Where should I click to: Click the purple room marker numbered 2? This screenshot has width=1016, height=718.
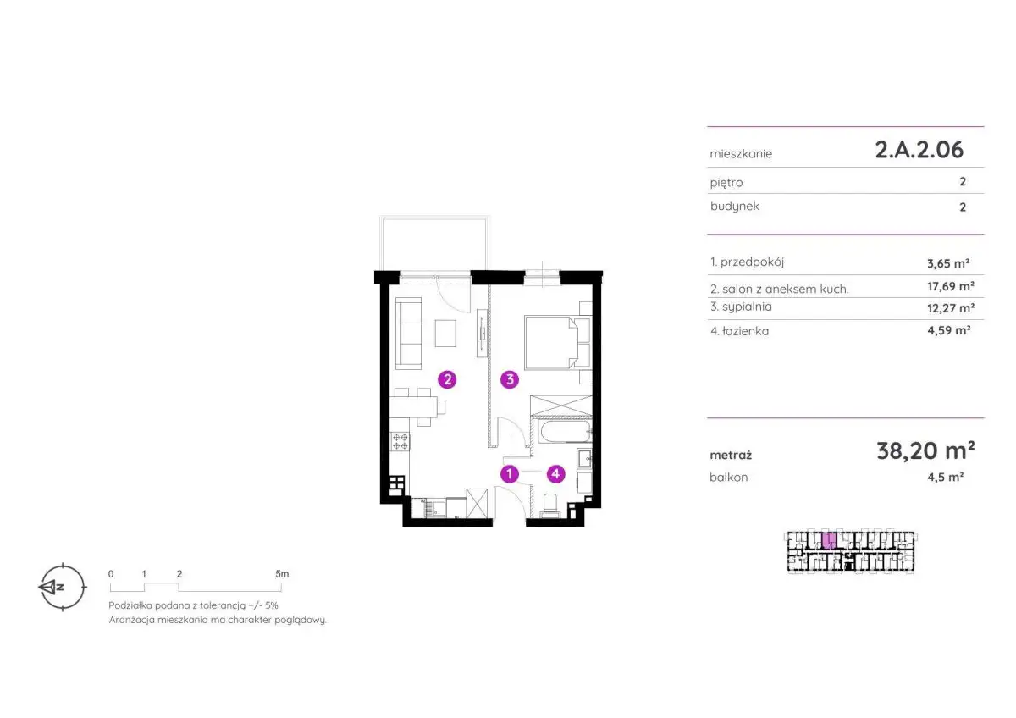[447, 379]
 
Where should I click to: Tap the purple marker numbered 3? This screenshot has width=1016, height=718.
[510, 379]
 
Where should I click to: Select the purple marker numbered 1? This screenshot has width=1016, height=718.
[510, 474]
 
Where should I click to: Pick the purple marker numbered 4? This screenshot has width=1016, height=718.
[555, 474]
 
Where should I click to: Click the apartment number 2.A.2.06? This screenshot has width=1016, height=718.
[919, 150]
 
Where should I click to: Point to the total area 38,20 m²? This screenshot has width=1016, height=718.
[925, 450]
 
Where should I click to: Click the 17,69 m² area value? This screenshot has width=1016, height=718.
[951, 286]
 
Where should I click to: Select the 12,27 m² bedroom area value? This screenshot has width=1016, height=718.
[951, 308]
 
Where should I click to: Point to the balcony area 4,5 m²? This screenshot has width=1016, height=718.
[946, 477]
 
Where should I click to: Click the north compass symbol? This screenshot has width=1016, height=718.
[62, 587]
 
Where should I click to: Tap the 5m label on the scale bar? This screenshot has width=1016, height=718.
[282, 574]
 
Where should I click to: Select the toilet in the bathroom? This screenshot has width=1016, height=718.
[550, 505]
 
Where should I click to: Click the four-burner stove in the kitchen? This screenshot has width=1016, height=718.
[400, 442]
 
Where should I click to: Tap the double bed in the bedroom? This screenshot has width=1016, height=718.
[557, 342]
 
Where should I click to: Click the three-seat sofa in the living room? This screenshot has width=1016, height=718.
[409, 334]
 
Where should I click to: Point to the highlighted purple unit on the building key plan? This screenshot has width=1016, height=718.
[829, 541]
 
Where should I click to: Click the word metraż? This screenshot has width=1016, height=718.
[731, 455]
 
